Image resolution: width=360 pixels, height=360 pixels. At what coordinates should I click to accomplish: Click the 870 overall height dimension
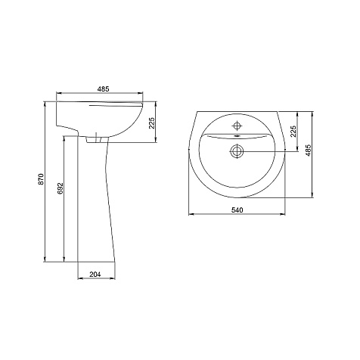[x=42, y=178]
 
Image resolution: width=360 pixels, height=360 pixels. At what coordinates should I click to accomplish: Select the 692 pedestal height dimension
[x=61, y=188]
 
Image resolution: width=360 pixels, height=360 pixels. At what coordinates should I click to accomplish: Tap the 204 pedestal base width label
[x=95, y=275]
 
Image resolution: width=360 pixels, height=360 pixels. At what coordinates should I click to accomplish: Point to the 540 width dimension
[x=237, y=209]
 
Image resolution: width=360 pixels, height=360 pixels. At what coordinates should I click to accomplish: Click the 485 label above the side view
[x=104, y=89]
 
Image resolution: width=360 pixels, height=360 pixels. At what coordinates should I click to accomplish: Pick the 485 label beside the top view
[x=308, y=151]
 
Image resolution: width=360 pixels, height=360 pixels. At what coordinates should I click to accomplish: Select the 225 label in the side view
[x=151, y=123]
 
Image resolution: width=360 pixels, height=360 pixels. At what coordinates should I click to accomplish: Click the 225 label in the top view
[x=293, y=131]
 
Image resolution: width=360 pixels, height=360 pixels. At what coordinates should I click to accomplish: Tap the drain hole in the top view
[x=237, y=151]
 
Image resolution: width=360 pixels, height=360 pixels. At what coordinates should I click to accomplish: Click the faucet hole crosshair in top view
[x=237, y=126]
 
